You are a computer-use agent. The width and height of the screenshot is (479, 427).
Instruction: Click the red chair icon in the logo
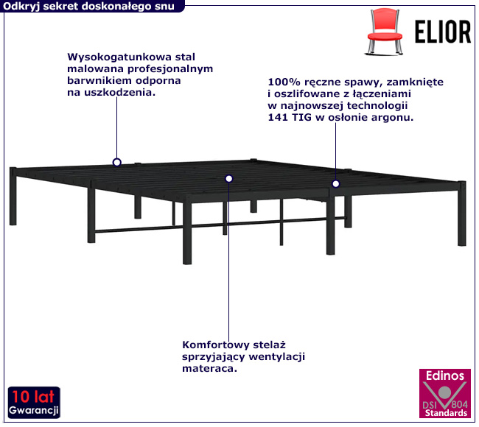point(384,32)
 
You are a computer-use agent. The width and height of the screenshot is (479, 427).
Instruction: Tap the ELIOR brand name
point(443,32)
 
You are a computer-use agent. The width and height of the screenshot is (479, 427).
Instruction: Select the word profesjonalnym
point(170,69)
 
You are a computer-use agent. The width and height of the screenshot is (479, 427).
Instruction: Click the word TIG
point(302,117)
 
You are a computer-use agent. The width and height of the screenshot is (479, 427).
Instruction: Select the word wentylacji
point(277,357)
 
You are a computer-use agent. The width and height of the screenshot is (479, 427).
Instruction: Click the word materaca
point(209,368)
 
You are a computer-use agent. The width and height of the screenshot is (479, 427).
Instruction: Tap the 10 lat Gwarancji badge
point(34,402)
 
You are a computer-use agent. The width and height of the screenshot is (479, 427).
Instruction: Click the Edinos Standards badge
point(445,393)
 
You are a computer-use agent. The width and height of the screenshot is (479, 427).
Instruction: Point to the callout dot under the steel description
point(116,163)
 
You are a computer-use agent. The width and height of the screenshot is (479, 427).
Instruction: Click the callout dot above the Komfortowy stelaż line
point(228,179)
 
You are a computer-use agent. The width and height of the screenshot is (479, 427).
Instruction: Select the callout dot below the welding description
point(336,184)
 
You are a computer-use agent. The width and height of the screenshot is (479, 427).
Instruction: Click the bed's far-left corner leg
point(13,197)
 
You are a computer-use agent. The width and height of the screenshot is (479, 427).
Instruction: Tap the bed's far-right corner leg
point(462,213)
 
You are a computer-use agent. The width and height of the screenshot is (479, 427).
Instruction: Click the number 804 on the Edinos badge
point(459,405)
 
